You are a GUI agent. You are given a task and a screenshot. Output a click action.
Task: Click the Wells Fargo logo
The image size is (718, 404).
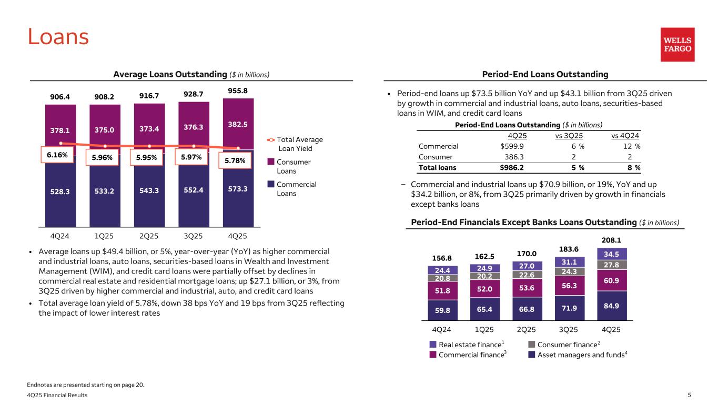677,45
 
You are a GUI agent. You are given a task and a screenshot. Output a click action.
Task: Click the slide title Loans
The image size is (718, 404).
58,36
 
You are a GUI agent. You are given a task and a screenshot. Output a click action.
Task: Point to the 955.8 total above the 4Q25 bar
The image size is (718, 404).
238,90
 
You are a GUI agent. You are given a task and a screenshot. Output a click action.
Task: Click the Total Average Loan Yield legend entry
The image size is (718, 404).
297,144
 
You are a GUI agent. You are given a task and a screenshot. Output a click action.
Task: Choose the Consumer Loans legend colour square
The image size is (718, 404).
270,162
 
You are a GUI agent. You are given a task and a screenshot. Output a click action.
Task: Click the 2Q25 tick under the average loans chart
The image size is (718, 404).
150,235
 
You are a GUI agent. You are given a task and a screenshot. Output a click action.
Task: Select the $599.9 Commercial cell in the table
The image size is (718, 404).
512,146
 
